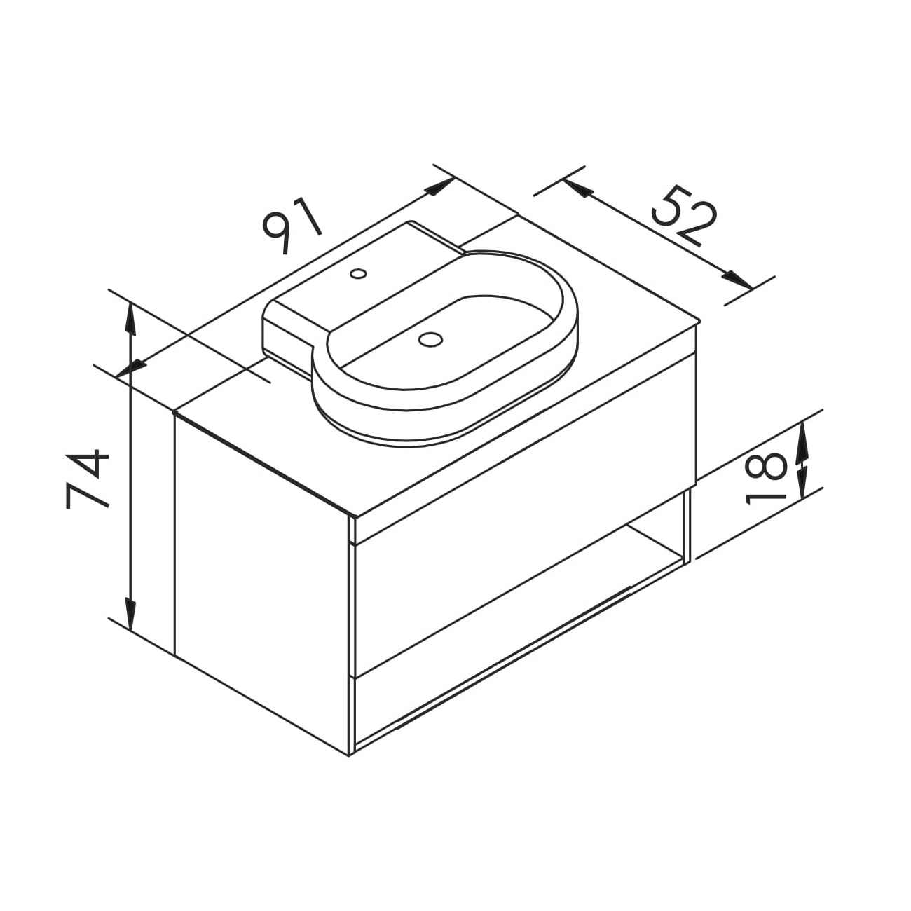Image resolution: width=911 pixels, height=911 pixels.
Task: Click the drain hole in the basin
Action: point(430,338)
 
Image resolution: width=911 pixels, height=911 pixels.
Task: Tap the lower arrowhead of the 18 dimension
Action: point(803,482)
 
